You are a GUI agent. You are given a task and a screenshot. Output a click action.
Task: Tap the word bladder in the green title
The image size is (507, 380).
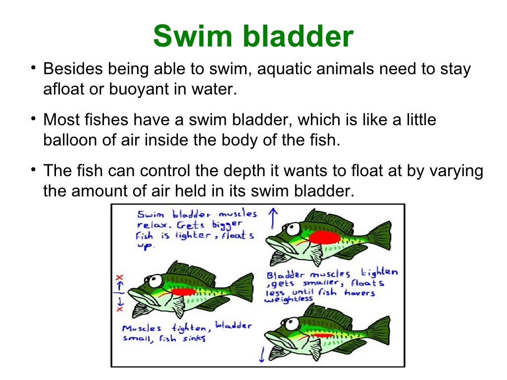[297, 36]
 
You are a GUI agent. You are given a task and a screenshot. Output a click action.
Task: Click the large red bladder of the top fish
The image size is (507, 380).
[324, 237]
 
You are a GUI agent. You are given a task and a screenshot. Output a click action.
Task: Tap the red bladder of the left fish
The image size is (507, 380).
[183, 292]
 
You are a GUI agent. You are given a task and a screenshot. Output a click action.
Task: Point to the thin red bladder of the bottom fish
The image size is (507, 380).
[323, 335]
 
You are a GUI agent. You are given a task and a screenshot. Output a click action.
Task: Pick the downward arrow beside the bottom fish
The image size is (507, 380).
[261, 354]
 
